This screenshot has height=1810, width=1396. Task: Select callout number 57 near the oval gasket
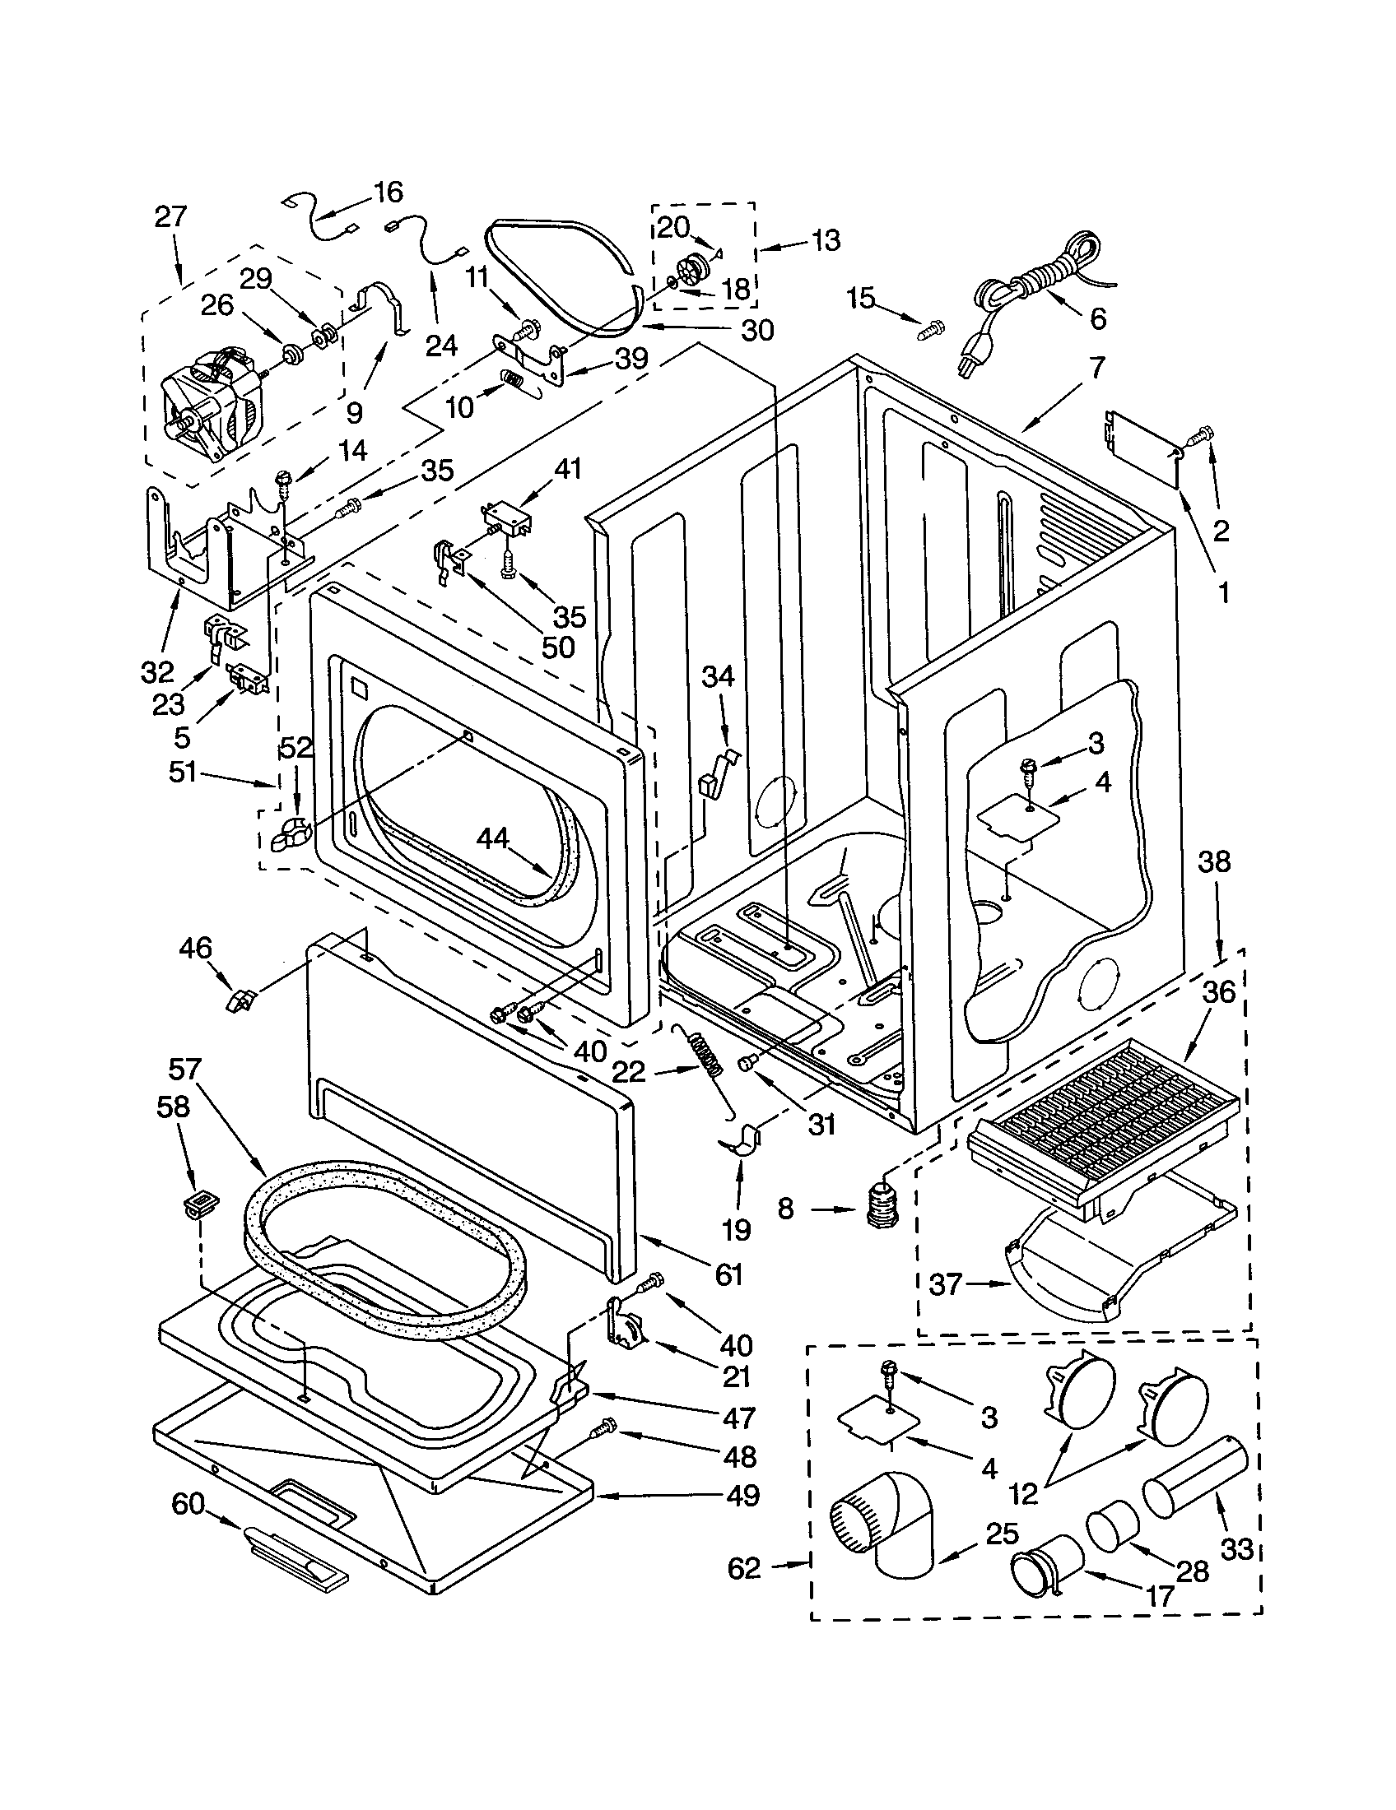(185, 1069)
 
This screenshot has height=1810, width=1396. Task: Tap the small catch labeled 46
(240, 1001)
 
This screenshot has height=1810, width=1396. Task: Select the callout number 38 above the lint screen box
(1213, 862)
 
